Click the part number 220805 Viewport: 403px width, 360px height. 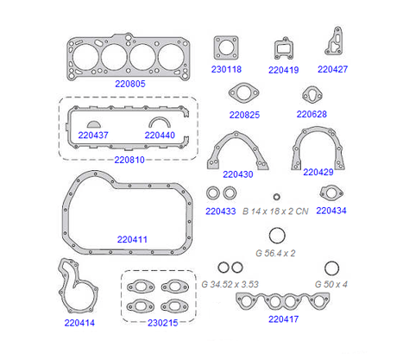coord(130,84)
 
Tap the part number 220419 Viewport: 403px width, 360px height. coord(283,70)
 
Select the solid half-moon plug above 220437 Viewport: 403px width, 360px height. coord(94,124)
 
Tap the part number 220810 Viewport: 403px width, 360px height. coord(129,160)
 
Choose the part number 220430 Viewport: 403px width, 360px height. coord(238,174)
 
